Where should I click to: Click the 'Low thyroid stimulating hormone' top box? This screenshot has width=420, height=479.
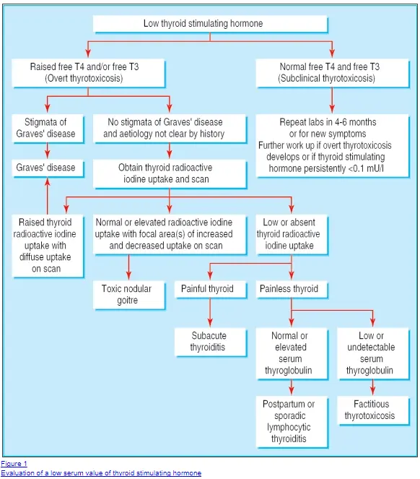coord(210,24)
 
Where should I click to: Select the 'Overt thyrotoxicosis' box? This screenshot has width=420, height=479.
coord(89,73)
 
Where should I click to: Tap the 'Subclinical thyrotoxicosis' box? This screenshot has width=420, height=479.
coord(333,73)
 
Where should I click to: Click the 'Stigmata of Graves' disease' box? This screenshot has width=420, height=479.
coord(48,129)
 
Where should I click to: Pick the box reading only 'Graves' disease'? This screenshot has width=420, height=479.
coord(48,168)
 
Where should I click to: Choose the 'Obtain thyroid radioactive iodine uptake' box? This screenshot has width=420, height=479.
coord(170,173)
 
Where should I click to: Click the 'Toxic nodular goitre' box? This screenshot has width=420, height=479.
coord(129,295)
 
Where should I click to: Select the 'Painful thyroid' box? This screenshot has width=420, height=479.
coord(210,289)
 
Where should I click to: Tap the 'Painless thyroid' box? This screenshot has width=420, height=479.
coord(292,289)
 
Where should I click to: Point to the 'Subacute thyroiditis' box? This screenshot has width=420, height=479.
coord(210,342)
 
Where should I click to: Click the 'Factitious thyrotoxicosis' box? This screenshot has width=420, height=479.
coord(373,410)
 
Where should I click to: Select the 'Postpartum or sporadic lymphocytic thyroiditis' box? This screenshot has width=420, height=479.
coord(292,422)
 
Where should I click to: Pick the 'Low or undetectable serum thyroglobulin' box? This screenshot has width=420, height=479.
coord(373,353)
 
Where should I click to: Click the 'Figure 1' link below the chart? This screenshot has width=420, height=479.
coord(14,464)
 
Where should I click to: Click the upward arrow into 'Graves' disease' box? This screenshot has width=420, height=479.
coord(48,196)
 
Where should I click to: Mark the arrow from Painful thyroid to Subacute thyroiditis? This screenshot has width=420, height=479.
coord(210,313)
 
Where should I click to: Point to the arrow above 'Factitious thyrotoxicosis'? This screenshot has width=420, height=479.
coord(372,387)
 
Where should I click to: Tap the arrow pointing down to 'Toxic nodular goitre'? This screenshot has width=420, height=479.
coord(128,267)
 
